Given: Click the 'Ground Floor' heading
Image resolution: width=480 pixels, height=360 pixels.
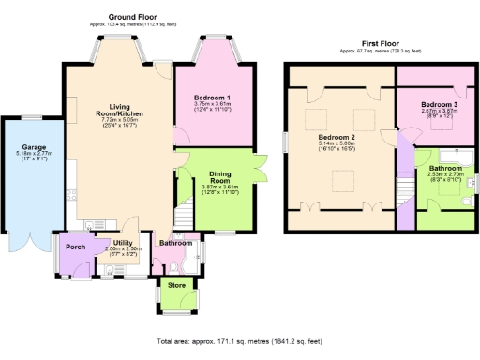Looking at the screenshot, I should [x=132, y=17].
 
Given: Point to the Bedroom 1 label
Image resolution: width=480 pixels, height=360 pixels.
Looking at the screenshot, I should [x=212, y=97].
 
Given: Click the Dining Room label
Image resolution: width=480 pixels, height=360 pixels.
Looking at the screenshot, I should [x=220, y=178].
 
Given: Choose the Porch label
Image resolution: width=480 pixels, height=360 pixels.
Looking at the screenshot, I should [x=76, y=247].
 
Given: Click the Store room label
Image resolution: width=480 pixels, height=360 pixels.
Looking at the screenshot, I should [x=176, y=284].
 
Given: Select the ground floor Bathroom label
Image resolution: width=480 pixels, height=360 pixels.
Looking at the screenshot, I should [x=175, y=243].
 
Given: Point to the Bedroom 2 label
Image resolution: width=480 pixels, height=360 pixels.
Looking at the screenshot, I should [x=336, y=138].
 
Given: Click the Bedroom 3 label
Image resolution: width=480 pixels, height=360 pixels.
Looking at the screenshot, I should [x=439, y=103].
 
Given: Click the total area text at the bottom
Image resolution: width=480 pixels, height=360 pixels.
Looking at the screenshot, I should [x=240, y=343].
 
